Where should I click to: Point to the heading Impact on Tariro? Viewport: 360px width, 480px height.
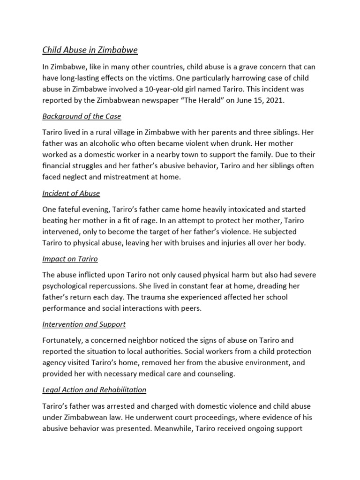pyautogui.click(x=70, y=258)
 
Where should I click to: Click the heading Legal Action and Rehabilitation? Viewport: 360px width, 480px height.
pyautogui.click(x=94, y=389)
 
